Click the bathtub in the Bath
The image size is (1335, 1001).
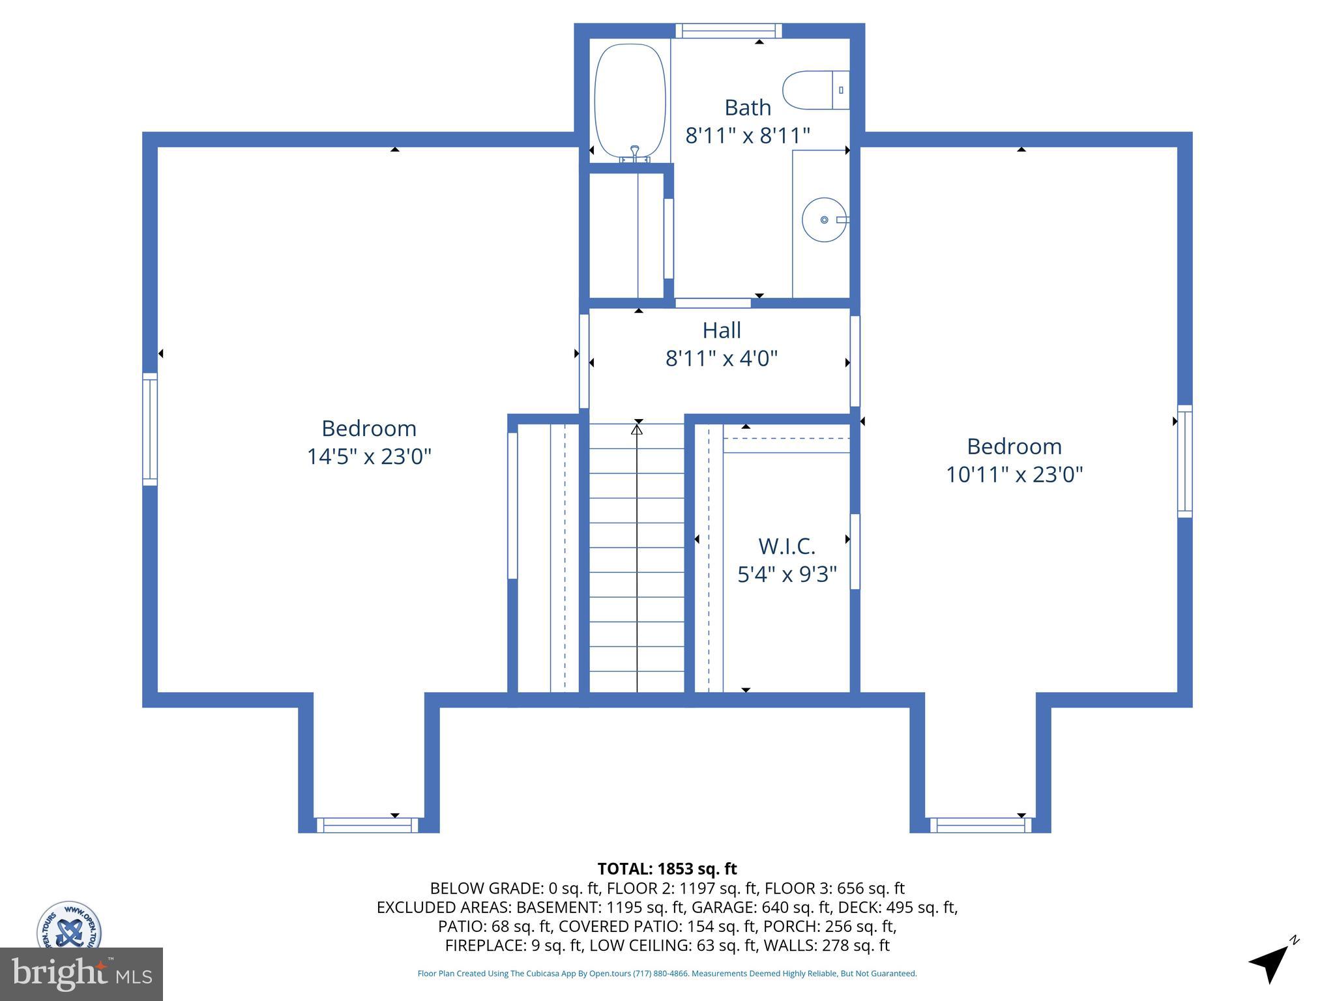[x=630, y=101]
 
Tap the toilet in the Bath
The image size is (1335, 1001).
[x=814, y=90]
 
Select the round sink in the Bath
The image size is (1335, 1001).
[x=824, y=220]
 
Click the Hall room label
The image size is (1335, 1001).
[x=722, y=330]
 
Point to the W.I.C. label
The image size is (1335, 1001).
[x=787, y=546]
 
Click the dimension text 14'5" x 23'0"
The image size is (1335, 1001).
[x=369, y=456]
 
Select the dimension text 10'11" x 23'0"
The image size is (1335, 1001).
[x=1014, y=474]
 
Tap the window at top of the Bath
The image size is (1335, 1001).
[x=728, y=30]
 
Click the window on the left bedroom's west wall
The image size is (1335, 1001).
[x=150, y=429]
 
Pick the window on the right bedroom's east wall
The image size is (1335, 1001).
[x=1184, y=461]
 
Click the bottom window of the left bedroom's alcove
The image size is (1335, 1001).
[x=368, y=825]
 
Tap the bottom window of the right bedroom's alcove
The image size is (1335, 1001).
[x=980, y=825]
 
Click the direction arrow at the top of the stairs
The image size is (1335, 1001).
[x=637, y=429]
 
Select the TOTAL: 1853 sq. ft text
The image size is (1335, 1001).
[x=667, y=869]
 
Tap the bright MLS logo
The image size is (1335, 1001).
[x=81, y=974]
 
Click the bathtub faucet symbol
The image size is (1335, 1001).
[x=634, y=154]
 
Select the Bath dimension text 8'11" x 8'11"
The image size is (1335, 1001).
[x=748, y=136]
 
